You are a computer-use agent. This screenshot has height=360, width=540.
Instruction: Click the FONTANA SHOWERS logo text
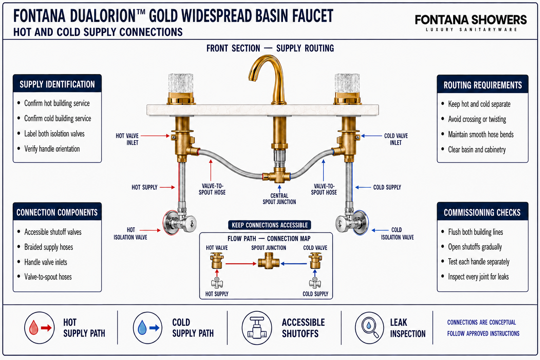click(471, 20)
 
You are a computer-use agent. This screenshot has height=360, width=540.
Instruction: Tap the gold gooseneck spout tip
click(252, 79)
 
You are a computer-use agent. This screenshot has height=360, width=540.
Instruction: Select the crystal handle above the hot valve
click(181, 83)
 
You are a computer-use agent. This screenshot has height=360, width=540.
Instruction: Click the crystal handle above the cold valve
click(347, 83)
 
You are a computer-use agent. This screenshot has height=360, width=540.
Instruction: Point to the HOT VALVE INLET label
click(127, 139)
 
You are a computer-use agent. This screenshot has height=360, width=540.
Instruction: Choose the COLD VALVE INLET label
click(396, 139)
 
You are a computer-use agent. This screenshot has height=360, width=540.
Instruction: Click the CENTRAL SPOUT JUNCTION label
click(279, 199)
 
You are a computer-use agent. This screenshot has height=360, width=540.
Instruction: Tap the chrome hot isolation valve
click(179, 223)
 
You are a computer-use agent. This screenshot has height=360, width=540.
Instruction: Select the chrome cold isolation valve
click(352, 223)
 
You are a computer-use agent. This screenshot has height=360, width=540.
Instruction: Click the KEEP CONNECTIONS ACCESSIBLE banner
click(270, 225)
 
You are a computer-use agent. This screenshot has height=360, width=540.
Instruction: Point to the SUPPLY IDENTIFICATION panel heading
click(57, 84)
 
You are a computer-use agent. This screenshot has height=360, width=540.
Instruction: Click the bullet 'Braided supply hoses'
click(49, 247)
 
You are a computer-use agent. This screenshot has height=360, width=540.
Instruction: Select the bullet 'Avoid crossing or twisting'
click(477, 119)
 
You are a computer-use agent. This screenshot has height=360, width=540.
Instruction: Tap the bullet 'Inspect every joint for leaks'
click(478, 277)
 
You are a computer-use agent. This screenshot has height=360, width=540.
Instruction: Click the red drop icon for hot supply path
click(33, 327)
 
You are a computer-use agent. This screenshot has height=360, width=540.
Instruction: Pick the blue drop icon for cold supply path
click(142, 327)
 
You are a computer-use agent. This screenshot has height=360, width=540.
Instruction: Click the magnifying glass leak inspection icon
click(369, 328)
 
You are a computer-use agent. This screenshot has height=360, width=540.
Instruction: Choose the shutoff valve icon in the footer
click(257, 328)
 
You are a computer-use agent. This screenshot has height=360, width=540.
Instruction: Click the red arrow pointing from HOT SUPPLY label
click(167, 187)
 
